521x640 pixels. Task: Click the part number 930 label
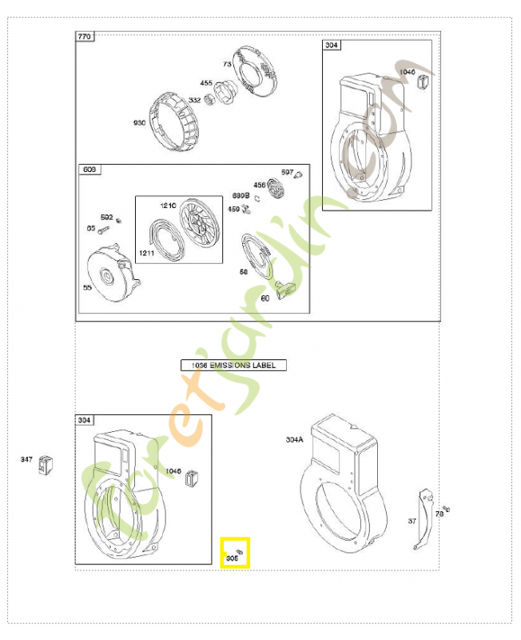click(x=140, y=122)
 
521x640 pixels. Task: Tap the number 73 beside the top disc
click(x=226, y=63)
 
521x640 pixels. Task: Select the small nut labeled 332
click(x=213, y=99)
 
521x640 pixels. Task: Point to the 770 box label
click(x=85, y=38)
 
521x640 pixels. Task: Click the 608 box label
click(x=89, y=170)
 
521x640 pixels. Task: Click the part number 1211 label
click(x=146, y=253)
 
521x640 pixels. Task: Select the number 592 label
click(x=106, y=216)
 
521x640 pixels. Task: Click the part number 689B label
click(x=241, y=195)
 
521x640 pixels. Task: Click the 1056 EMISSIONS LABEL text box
click(x=233, y=365)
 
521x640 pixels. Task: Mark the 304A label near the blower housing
click(x=295, y=439)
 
